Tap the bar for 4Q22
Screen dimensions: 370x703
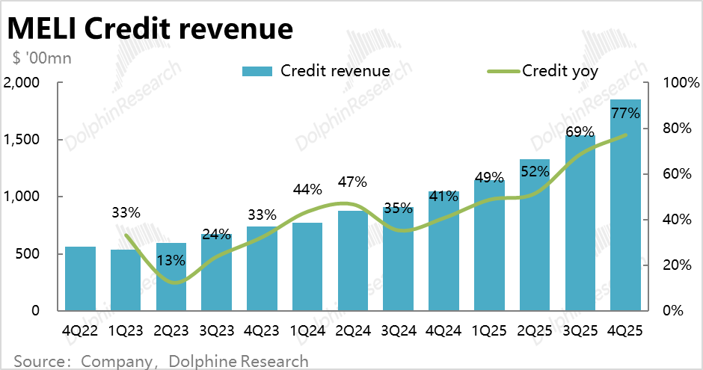coord(80,279)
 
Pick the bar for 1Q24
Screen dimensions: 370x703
coord(307,267)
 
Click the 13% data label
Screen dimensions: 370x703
coord(171,260)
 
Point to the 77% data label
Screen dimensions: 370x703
coord(625,114)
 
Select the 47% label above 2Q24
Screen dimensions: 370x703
coord(352,182)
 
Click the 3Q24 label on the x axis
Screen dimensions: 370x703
coord(398,330)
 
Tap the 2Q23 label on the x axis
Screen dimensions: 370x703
coord(171,330)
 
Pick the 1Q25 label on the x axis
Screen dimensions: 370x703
coord(489,330)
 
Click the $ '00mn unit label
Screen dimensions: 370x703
coord(42,58)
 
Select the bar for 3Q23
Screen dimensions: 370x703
coord(217,273)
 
